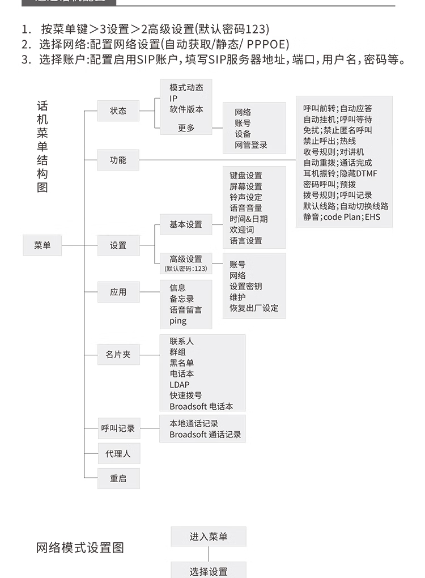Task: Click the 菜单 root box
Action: tap(42, 245)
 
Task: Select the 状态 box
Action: tap(118, 110)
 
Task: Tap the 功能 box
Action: tap(118, 160)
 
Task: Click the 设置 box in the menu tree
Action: tap(118, 245)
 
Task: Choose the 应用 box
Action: tap(118, 292)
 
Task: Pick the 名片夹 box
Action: tap(118, 354)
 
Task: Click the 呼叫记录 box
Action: tap(118, 428)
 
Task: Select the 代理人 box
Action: tap(118, 453)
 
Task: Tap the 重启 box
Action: tap(118, 478)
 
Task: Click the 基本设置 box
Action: tap(186, 224)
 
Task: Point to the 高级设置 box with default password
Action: tap(186, 263)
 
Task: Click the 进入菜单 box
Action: tap(209, 536)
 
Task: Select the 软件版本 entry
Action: tap(186, 109)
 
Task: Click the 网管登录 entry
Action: tap(251, 144)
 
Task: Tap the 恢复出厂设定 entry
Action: tap(254, 308)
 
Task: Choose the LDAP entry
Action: tap(180, 385)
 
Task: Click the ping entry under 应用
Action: tap(178, 321)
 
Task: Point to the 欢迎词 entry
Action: tap(242, 229)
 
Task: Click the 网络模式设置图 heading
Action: tap(80, 548)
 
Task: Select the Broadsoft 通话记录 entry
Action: tap(205, 435)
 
